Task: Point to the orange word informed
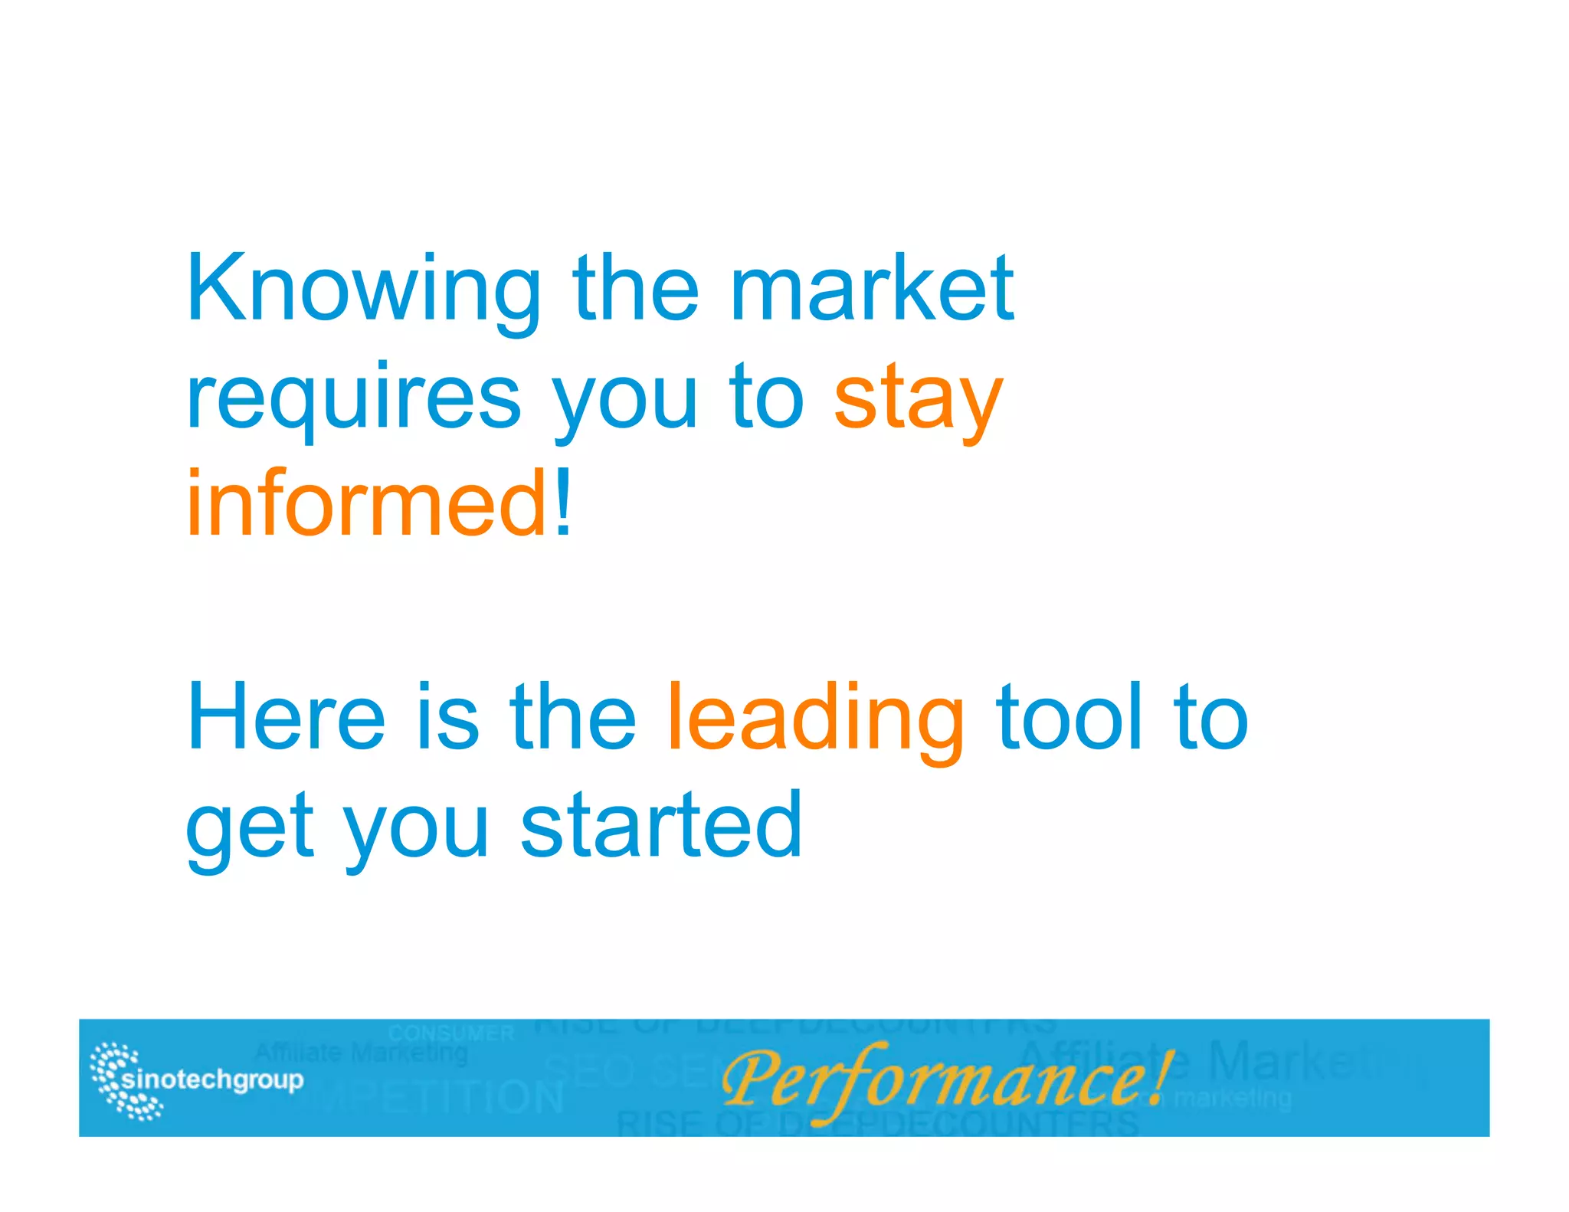366,504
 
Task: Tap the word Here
286,717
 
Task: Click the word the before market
636,289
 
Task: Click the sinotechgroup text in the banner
212,1079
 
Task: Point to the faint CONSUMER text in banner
450,1033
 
